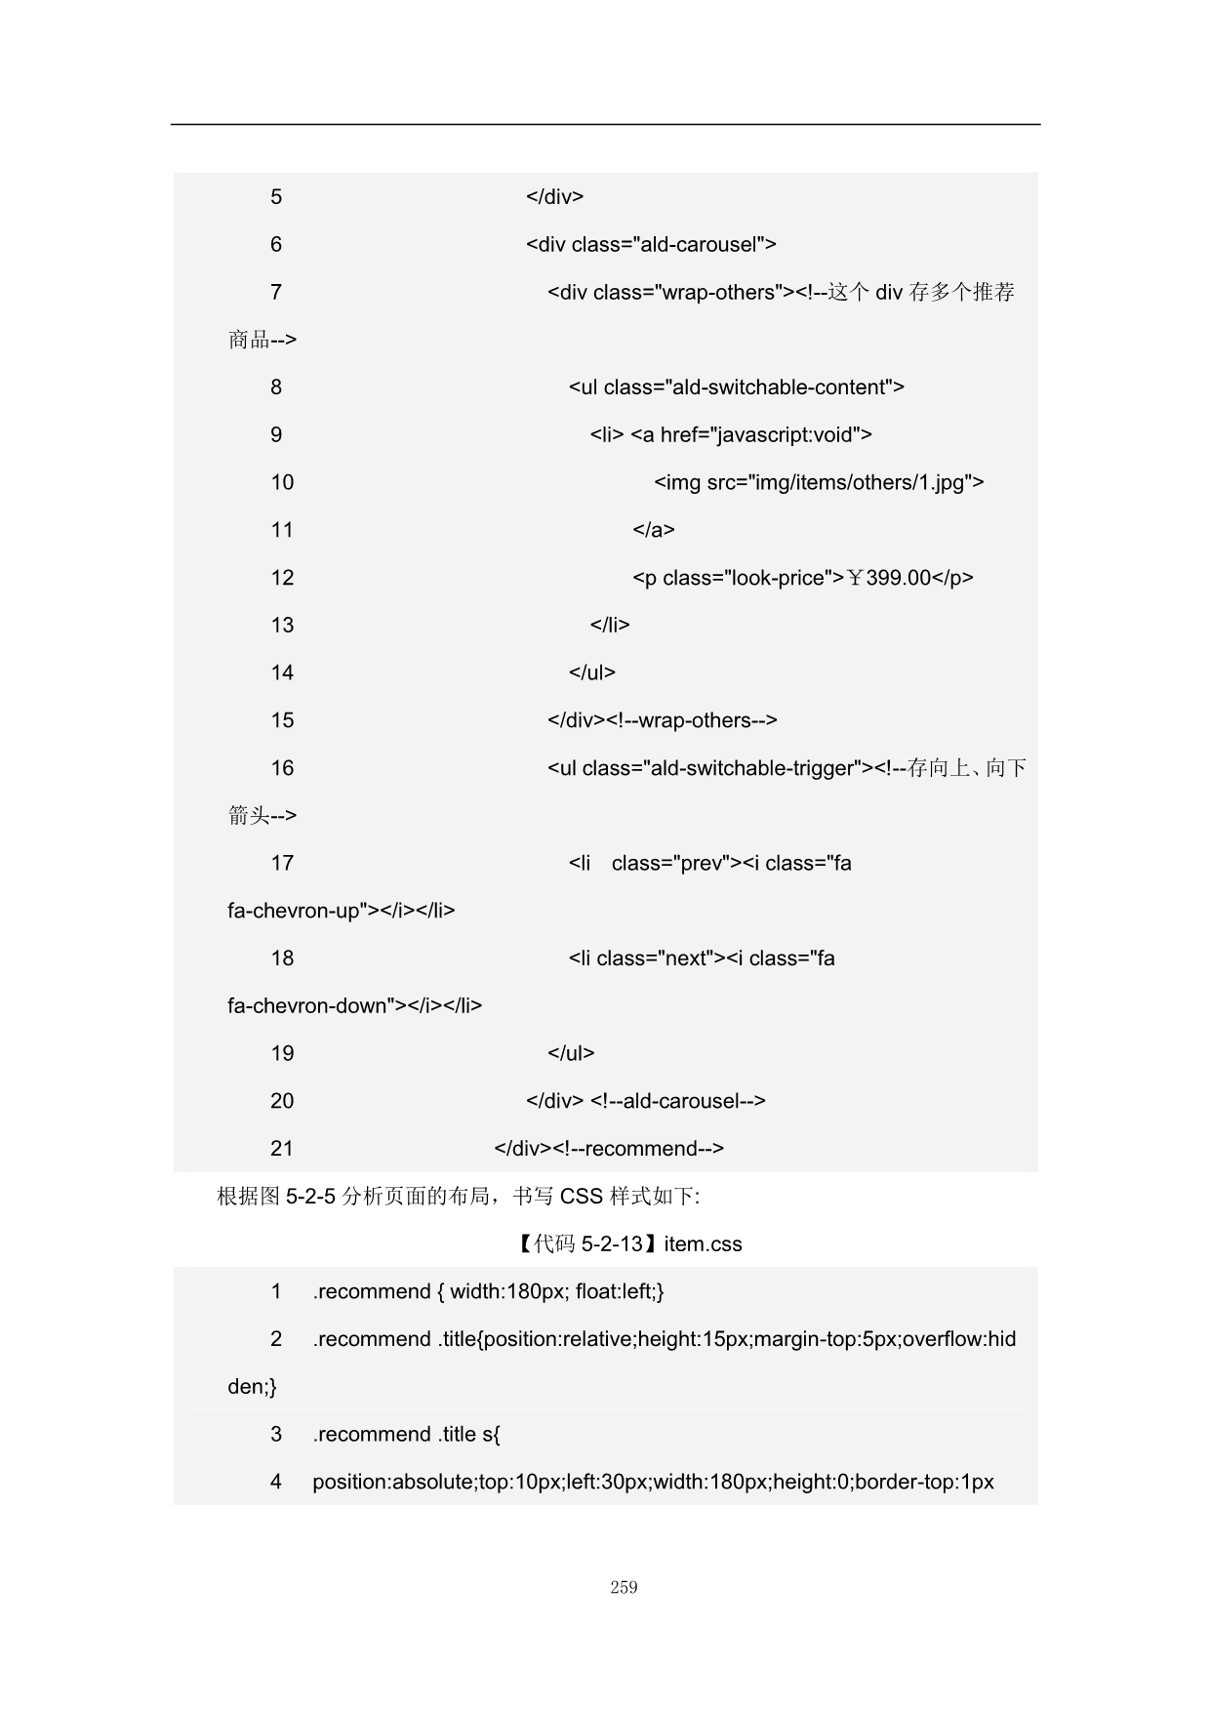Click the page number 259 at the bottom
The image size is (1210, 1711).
(x=624, y=1587)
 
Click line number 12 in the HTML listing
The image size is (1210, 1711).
(x=282, y=578)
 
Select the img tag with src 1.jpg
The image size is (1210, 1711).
(x=818, y=482)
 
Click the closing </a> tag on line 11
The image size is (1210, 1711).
(x=653, y=530)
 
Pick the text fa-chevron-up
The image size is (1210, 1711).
(x=294, y=911)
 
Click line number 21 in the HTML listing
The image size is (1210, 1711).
(x=282, y=1149)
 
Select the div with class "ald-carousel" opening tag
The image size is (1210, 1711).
(x=651, y=244)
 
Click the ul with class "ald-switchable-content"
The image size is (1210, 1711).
(x=736, y=387)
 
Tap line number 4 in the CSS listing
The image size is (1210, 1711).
(x=276, y=1482)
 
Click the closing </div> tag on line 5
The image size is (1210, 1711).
(x=554, y=196)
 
